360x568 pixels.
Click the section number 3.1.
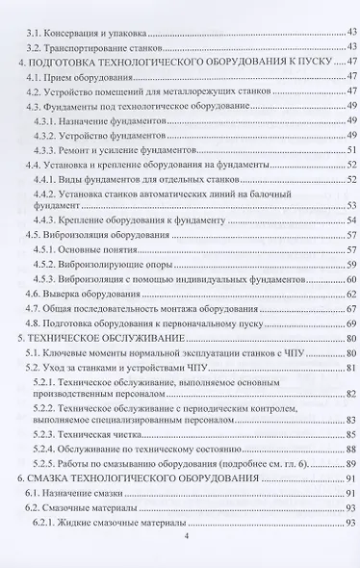click(x=33, y=32)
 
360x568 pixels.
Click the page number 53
click(x=352, y=205)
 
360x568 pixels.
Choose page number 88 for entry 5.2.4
click(x=352, y=449)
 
